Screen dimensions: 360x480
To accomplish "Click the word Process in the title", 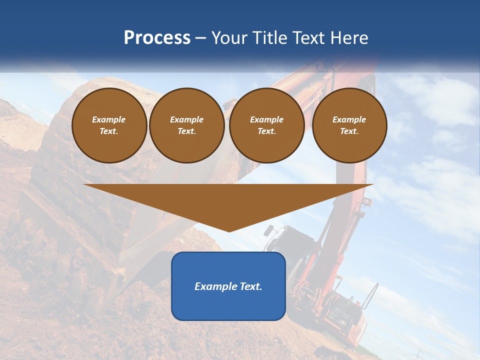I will coord(157,38).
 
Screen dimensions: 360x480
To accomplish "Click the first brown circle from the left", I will coord(109,125).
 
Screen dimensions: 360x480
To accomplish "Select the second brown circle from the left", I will coord(186,125).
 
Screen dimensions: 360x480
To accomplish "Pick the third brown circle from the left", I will coord(266,125).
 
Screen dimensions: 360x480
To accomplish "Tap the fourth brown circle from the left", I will coord(349,125).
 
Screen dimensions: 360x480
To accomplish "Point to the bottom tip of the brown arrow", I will coord(229,230).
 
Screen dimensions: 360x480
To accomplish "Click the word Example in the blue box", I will coord(215,286).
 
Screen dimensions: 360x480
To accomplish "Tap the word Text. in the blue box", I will coord(250,286).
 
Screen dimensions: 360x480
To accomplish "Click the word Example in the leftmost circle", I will coord(109,120).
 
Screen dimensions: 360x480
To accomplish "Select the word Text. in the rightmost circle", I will coord(349,131).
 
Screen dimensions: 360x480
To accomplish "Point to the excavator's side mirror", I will coord(269,230).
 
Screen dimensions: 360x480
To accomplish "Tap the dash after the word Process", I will coord(201,38).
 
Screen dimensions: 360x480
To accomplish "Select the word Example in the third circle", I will coord(266,120).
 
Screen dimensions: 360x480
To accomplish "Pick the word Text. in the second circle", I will coord(186,131).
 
